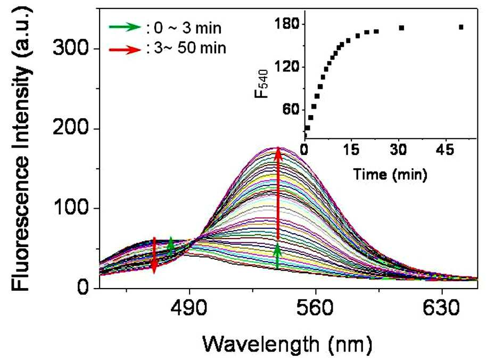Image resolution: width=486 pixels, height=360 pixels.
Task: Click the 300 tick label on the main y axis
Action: [x=70, y=48]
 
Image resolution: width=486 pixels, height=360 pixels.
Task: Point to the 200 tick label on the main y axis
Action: [x=70, y=128]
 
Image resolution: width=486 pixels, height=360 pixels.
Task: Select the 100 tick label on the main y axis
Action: [x=70, y=208]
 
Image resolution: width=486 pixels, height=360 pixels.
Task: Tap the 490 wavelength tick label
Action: [x=189, y=308]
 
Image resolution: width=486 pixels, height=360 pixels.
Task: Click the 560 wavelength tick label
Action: [x=315, y=308]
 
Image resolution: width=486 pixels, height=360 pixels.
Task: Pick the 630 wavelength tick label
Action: [x=441, y=308]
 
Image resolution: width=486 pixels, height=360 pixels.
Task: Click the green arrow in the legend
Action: [x=125, y=27]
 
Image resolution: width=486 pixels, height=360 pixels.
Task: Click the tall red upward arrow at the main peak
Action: [x=278, y=194]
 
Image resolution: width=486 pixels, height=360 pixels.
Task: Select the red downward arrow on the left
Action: [x=154, y=256]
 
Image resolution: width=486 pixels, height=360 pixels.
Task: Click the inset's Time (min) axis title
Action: [x=390, y=174]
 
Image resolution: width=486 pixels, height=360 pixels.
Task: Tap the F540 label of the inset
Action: [x=261, y=84]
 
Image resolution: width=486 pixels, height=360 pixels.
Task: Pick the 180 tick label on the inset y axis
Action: [x=287, y=24]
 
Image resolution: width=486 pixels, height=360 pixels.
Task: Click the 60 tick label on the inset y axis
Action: [x=291, y=110]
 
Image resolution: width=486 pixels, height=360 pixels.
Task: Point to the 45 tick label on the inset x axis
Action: [x=446, y=150]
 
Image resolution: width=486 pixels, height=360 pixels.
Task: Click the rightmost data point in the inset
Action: [x=461, y=27]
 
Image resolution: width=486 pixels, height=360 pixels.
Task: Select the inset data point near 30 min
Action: [x=401, y=28]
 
